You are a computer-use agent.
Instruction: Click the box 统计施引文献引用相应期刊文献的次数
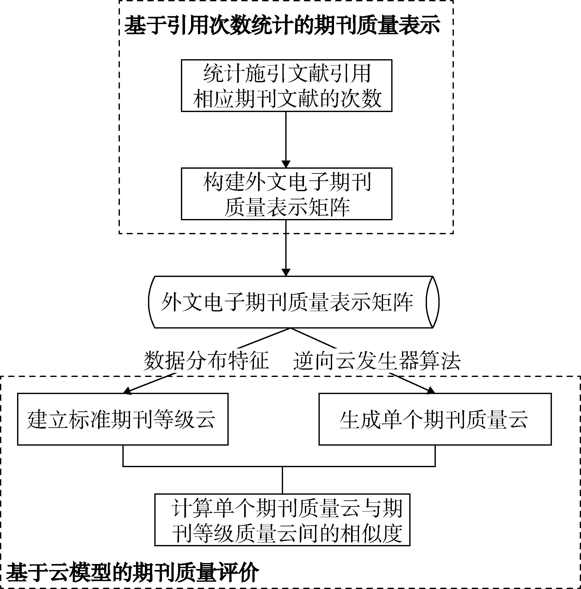pos(287,85)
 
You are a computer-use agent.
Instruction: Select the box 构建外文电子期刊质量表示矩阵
pos(287,194)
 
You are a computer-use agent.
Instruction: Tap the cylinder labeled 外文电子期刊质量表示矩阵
pos(294,302)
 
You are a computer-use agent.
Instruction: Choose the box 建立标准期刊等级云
pos(123,419)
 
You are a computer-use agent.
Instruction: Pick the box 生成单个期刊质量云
pos(435,419)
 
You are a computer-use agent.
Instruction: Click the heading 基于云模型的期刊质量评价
pos(133,572)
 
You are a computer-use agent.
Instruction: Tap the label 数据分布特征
pos(207,360)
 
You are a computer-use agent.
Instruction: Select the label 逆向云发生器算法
pos(377,360)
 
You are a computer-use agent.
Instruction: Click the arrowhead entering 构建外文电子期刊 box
pos(286,164)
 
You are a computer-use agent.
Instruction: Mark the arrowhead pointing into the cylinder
pos(286,272)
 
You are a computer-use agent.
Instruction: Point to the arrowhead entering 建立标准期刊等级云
pos(127,391)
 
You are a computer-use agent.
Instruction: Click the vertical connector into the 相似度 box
pos(282,480)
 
